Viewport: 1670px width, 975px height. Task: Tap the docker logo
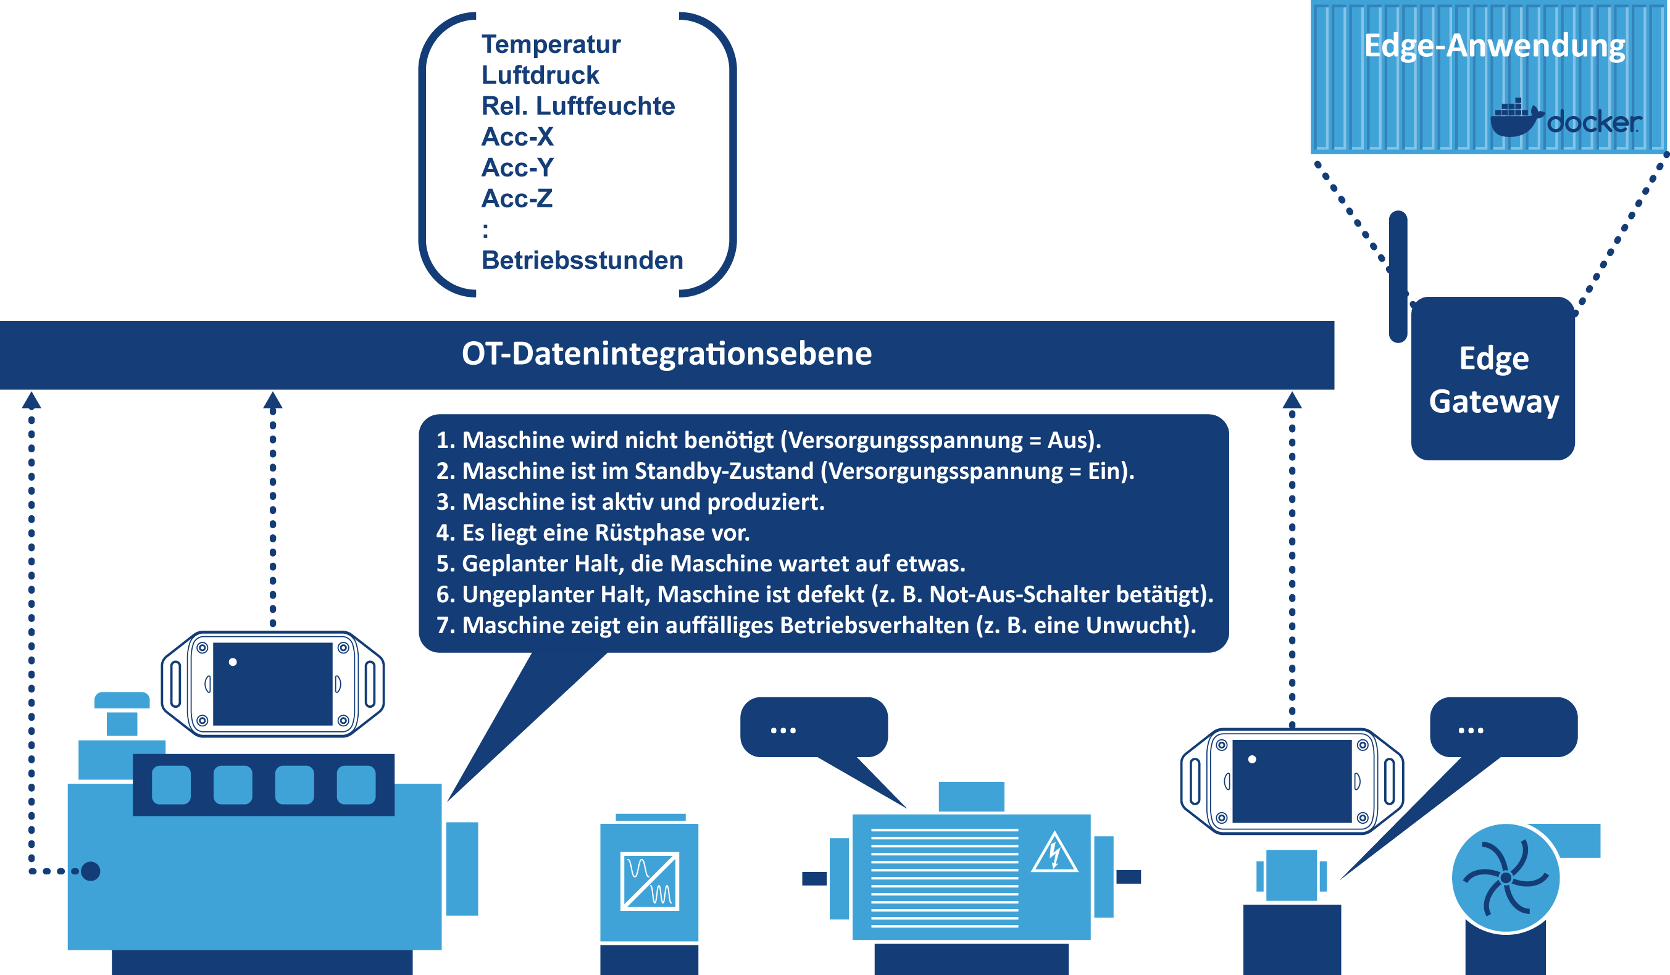click(x=1565, y=119)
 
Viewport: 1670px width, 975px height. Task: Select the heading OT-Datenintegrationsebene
click(x=667, y=354)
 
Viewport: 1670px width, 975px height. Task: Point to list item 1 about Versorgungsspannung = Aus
click(x=768, y=441)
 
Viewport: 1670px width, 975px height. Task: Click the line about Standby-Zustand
click(x=785, y=471)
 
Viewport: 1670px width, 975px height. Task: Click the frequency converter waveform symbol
click(x=649, y=882)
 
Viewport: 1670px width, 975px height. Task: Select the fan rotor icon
click(x=1506, y=877)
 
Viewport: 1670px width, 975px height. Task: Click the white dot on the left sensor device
click(x=233, y=662)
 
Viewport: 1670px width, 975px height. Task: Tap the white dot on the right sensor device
click(x=1252, y=759)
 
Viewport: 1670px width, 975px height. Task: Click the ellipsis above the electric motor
click(x=783, y=731)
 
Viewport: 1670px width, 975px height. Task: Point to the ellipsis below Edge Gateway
click(x=1471, y=731)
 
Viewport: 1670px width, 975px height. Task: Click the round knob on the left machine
click(x=90, y=871)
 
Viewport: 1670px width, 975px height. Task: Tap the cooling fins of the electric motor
click(x=945, y=877)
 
